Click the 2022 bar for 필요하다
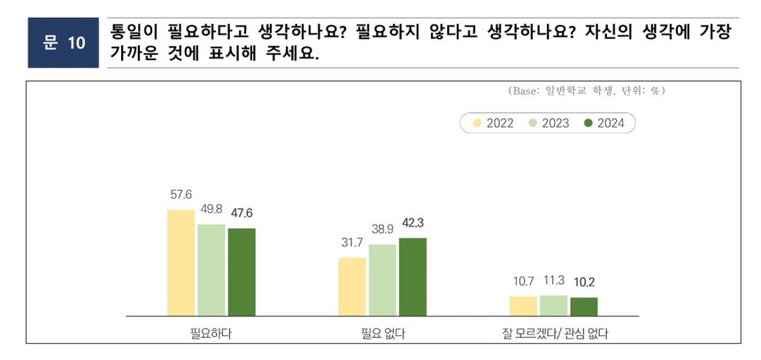tap(181, 263)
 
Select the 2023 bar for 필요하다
tap(211, 270)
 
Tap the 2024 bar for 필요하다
tap(242, 272)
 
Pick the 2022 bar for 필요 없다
tap(352, 287)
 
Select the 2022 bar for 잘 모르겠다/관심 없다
tap(523, 306)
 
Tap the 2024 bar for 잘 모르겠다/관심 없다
tap(583, 306)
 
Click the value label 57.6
tap(181, 195)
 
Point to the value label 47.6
tap(241, 212)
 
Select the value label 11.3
tap(553, 280)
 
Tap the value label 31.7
tap(352, 242)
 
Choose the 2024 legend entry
tap(606, 123)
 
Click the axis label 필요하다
tap(211, 333)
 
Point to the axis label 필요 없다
tap(382, 333)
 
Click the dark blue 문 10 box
tap(63, 42)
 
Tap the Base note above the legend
tap(586, 91)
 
